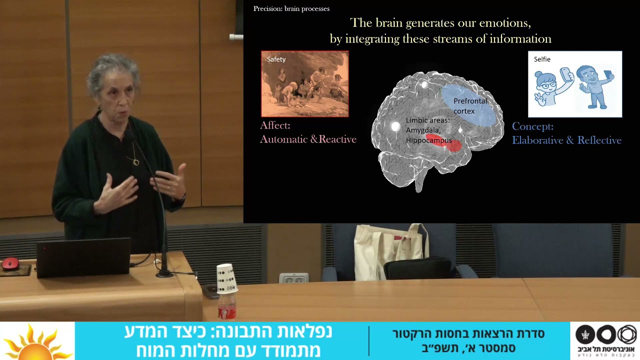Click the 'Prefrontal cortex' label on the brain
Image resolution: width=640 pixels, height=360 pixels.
point(469,105)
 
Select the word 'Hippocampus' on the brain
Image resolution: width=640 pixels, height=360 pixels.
point(428,140)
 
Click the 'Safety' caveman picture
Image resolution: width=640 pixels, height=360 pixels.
point(304,84)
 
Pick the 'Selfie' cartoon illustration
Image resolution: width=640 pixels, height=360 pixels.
point(575,84)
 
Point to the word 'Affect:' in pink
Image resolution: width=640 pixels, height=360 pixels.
point(275,125)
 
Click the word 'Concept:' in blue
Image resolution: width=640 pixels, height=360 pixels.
point(532,126)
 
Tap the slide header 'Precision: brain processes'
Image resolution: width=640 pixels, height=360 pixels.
point(291,8)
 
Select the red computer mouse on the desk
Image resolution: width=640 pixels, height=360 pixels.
point(10,263)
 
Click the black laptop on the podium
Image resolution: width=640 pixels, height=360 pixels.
point(83,257)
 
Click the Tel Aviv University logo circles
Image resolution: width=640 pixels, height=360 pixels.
point(606,334)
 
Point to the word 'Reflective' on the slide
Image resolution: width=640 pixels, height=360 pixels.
point(599,140)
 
